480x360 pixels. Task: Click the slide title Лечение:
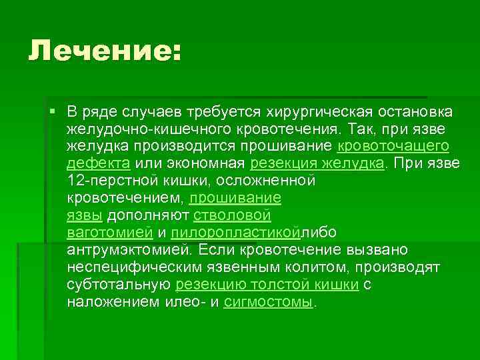tap(104, 51)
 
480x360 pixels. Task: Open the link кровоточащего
tap(393, 145)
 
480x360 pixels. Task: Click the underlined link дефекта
tap(99, 163)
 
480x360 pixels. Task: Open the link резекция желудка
tap(317, 163)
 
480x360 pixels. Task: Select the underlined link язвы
tap(85, 215)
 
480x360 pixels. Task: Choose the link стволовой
tap(232, 215)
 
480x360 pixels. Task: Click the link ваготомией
tap(109, 232)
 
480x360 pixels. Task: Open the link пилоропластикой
tap(235, 232)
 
